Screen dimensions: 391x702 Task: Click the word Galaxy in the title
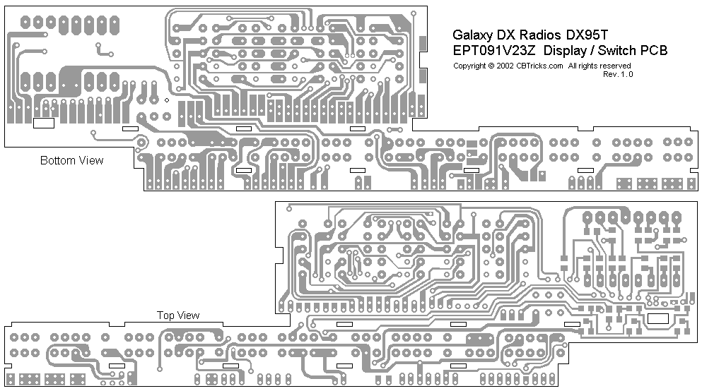click(x=472, y=35)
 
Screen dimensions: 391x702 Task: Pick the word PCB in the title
click(x=654, y=50)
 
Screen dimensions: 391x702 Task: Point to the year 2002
click(x=504, y=66)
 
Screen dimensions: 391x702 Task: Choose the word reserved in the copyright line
click(x=617, y=66)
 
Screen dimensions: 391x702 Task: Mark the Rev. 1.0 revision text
click(x=619, y=73)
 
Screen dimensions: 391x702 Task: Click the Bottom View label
click(x=71, y=160)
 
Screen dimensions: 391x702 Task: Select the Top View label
click(x=177, y=315)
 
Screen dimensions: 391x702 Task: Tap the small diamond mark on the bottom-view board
click(x=166, y=100)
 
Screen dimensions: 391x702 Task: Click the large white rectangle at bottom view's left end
click(x=44, y=123)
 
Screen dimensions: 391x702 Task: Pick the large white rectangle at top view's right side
click(x=658, y=319)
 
